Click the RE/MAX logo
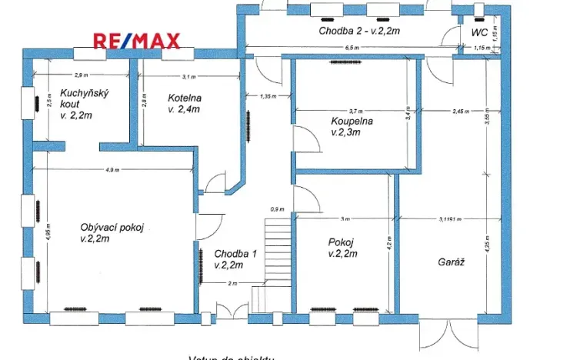pos(136,41)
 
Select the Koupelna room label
pos(352,126)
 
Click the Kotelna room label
pos(185,103)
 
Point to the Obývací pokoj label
pos(112,232)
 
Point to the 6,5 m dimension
pos(353,48)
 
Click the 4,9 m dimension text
pos(112,170)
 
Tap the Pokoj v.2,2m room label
pos(340,247)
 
